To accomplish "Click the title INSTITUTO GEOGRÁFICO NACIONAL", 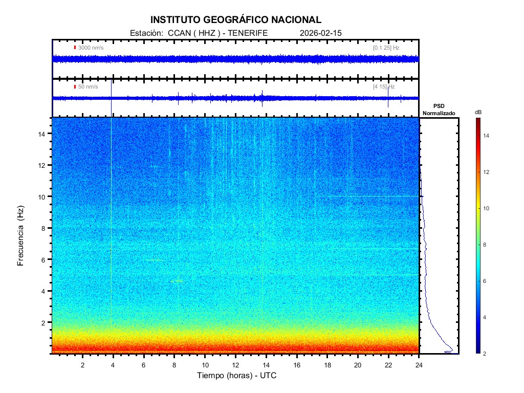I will click(x=236, y=20).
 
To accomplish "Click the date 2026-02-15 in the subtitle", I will click(x=320, y=33).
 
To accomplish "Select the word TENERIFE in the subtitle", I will click(x=248, y=33).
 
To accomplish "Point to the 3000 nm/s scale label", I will click(x=91, y=48).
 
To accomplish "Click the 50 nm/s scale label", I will click(x=88, y=87).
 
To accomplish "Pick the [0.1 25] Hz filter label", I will click(x=386, y=48).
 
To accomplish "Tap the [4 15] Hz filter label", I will click(x=384, y=87).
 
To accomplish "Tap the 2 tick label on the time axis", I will click(x=82, y=364).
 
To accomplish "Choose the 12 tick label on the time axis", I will click(x=235, y=364).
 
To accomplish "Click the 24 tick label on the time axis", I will click(x=419, y=364).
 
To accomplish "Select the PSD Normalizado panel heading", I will click(x=439, y=109).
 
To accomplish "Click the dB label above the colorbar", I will click(x=478, y=112).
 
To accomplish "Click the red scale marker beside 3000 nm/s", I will click(x=75, y=48).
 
